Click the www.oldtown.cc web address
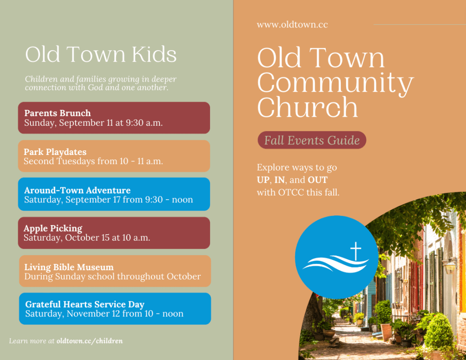[x=292, y=24]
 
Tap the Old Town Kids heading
[x=101, y=54]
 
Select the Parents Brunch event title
[x=57, y=113]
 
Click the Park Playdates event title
[x=55, y=152]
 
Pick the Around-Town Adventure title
[x=77, y=190]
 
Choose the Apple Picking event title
[x=53, y=228]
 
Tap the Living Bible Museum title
[x=69, y=267]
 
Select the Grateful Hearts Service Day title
[x=85, y=304]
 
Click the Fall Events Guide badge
[x=312, y=140]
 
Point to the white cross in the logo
[x=355, y=251]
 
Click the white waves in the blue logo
[x=335, y=264]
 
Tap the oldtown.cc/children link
[x=89, y=341]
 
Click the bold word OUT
[x=317, y=180]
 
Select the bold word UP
[x=263, y=180]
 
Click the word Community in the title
[x=335, y=83]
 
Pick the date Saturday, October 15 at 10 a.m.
[x=87, y=237]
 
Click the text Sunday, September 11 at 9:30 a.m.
[x=93, y=123]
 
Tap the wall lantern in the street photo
[x=450, y=266]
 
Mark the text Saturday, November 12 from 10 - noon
[x=104, y=314]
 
